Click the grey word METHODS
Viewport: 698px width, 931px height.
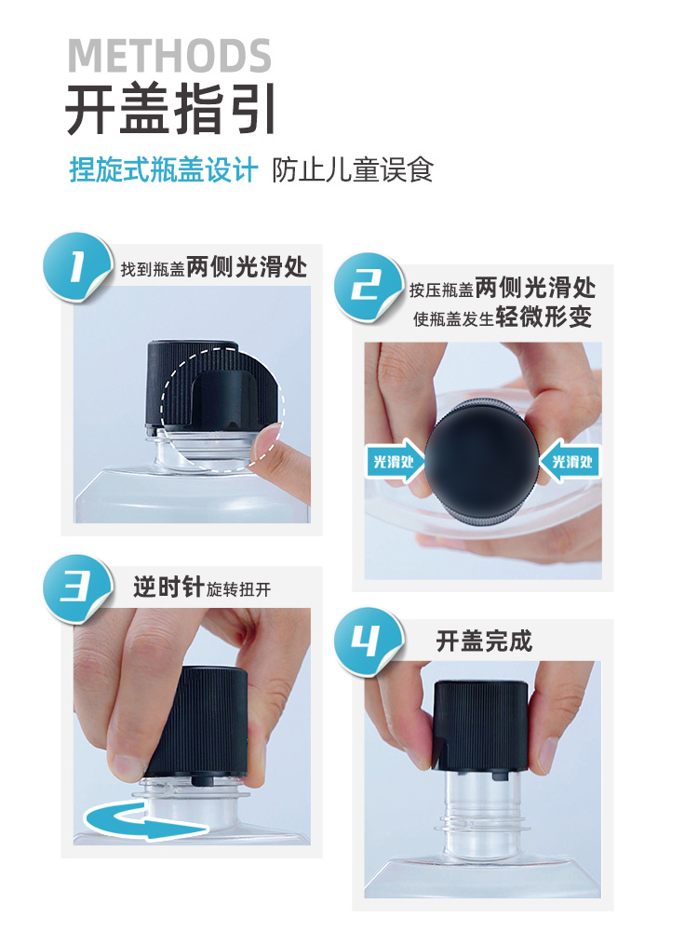point(169,56)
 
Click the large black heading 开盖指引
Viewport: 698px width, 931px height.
point(170,110)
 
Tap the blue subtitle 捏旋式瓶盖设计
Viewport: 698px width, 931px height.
point(164,169)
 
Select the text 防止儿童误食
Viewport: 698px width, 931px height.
point(353,169)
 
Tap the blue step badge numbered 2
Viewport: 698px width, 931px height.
point(368,287)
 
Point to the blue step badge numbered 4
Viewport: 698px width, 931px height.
point(368,641)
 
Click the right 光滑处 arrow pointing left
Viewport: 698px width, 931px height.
point(570,461)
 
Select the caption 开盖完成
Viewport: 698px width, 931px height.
point(484,641)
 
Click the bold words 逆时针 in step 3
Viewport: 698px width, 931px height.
point(168,587)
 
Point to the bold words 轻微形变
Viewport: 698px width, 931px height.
point(544,317)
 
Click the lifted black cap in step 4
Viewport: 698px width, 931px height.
point(480,725)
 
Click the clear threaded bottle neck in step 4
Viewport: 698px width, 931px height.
point(482,814)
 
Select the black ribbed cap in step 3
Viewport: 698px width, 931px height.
point(197,722)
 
